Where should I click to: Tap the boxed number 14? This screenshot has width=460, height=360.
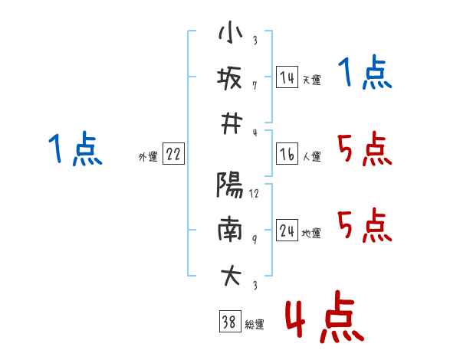[x=287, y=77]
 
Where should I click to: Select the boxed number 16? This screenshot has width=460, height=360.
[x=287, y=155]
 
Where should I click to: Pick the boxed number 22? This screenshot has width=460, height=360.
[x=173, y=155]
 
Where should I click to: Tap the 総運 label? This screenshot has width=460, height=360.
[x=254, y=325]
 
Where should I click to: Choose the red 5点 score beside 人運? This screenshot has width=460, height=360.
[x=365, y=149]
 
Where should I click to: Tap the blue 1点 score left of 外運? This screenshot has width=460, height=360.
[x=74, y=149]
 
